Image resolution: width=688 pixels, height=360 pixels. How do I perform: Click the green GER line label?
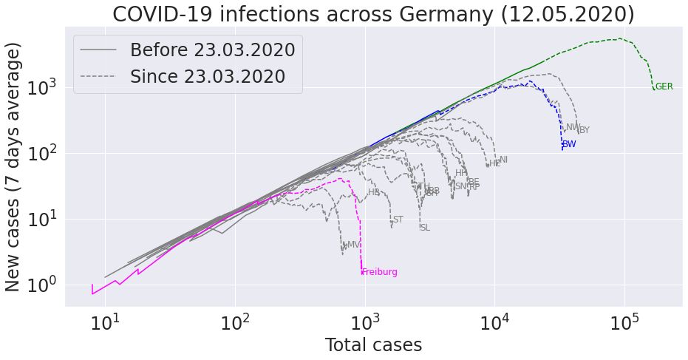click(664, 86)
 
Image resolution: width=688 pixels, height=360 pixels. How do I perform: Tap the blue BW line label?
click(569, 144)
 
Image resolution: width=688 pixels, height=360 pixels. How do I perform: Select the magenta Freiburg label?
click(380, 272)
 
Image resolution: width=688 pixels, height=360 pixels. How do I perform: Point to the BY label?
click(585, 130)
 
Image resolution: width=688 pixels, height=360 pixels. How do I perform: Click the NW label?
click(573, 127)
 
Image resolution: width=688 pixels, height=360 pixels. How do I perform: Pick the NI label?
click(504, 160)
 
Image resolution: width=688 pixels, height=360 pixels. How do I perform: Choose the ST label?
click(398, 220)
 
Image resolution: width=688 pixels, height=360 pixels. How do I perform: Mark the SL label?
click(425, 228)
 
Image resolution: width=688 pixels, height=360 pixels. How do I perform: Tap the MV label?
click(353, 245)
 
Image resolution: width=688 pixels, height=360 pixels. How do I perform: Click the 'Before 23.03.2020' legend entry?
click(212, 50)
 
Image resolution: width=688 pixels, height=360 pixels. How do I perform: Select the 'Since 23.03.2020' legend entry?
click(208, 76)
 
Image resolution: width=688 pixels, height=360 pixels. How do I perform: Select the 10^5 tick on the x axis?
click(625, 323)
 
